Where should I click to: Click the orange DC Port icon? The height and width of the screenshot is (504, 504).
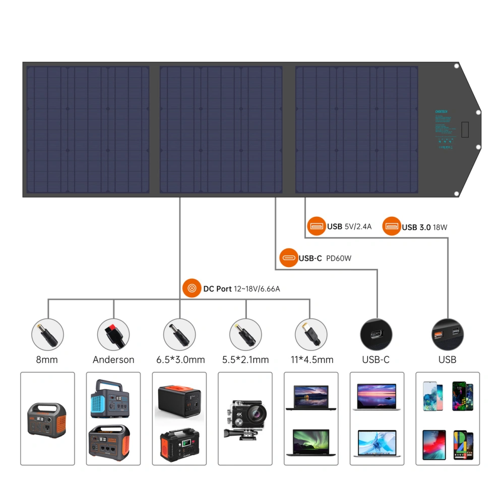pos(192,289)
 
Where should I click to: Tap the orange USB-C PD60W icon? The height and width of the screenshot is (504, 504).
pos(288,258)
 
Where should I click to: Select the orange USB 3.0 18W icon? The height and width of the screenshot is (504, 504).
pos(391,227)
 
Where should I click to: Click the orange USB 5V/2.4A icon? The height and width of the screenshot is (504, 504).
pos(317,226)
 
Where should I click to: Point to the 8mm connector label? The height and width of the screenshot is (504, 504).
pos(47,360)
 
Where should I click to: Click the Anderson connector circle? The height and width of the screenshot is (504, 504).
pos(113,334)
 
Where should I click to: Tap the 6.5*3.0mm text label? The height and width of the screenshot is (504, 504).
pos(179,360)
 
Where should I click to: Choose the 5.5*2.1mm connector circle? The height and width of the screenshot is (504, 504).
pos(245,334)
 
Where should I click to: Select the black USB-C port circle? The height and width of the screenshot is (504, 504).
pos(376,334)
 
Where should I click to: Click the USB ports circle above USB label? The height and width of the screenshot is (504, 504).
pos(448,334)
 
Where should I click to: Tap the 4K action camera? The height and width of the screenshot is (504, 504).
pos(245,418)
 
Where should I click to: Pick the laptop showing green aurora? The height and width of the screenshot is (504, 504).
pos(311,444)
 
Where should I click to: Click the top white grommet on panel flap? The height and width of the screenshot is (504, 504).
pos(456,66)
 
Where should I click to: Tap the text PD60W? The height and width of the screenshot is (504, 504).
pos(339,259)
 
